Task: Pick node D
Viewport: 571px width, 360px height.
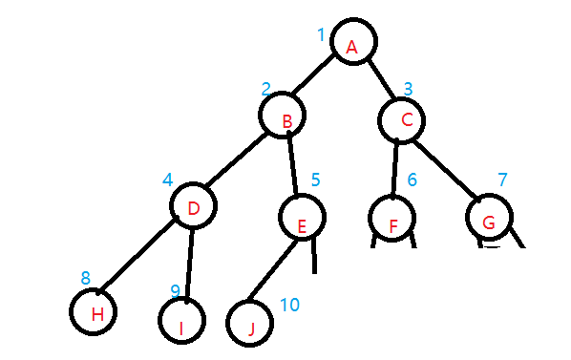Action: tap(194, 206)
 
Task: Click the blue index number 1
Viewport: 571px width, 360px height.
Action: tap(322, 35)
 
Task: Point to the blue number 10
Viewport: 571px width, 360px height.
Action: tap(289, 305)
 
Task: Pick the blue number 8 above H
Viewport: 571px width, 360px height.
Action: tap(85, 278)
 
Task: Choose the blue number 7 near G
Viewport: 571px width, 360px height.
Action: tap(502, 180)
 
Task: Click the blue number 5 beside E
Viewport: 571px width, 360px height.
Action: tap(315, 180)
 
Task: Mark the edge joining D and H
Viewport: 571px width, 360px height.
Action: tap(139, 255)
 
